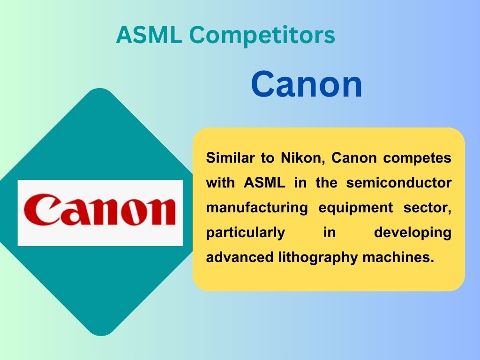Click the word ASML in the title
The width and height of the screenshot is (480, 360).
click(149, 34)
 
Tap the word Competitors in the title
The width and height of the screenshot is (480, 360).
click(262, 35)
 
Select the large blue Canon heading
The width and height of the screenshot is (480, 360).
click(307, 84)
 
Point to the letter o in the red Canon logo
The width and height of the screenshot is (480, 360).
click(134, 211)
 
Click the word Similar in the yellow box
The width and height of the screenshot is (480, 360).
click(230, 158)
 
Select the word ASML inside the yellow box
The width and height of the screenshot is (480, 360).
click(264, 183)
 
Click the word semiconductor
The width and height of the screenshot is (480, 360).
click(399, 183)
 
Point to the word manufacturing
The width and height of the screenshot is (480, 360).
click(257, 208)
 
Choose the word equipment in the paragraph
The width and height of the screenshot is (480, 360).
click(356, 208)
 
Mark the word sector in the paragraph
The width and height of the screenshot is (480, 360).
click(427, 208)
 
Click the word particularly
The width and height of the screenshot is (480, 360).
click(246, 232)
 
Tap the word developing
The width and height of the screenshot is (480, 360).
click(412, 232)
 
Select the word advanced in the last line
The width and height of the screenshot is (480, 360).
click(240, 257)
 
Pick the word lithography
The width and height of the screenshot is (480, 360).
click(318, 257)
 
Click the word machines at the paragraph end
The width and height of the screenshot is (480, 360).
click(398, 257)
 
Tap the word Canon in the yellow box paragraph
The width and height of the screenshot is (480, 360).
click(354, 158)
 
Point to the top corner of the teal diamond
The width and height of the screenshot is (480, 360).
click(100, 89)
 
